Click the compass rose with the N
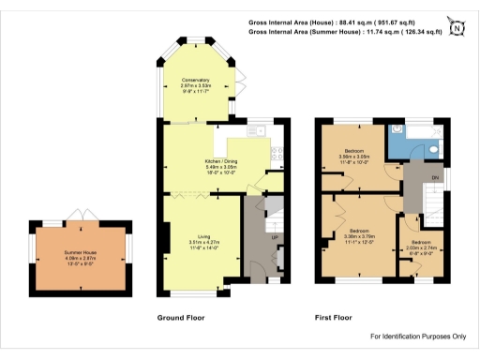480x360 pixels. pyautogui.click(x=457, y=27)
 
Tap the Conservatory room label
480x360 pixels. pyautogui.click(x=195, y=83)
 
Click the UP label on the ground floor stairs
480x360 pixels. pyautogui.click(x=274, y=236)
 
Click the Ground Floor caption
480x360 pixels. pyautogui.click(x=180, y=319)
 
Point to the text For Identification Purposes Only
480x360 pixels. pyautogui.click(x=418, y=337)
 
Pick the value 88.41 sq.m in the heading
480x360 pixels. pyautogui.click(x=374, y=20)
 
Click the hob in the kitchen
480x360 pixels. pyautogui.click(x=277, y=149)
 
